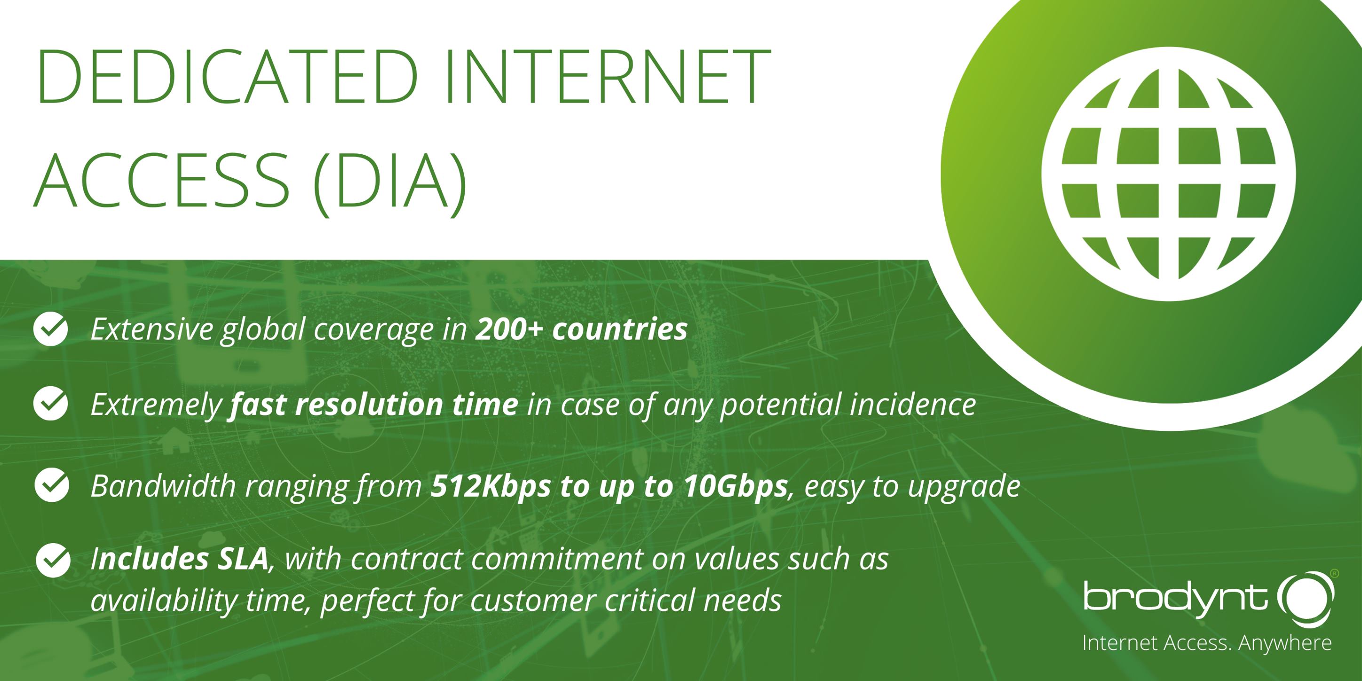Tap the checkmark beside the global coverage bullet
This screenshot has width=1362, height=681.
click(x=51, y=328)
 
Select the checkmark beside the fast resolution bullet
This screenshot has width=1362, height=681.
click(x=51, y=404)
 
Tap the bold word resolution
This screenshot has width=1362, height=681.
click(x=369, y=404)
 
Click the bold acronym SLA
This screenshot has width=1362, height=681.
click(x=242, y=559)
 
